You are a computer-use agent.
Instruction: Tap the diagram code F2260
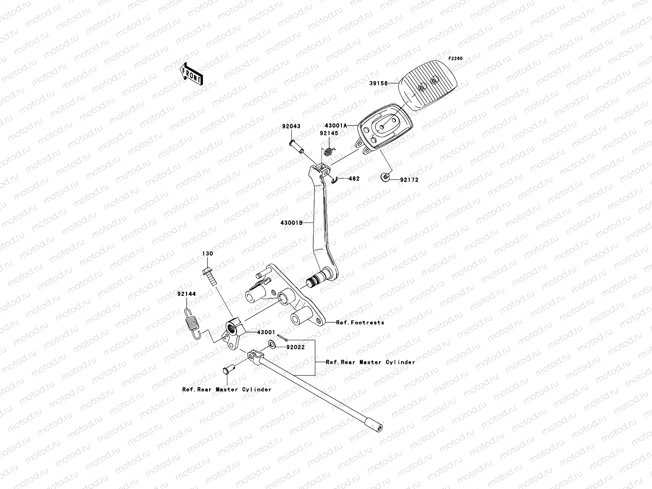click(x=456, y=59)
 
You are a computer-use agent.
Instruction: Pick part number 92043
click(x=291, y=126)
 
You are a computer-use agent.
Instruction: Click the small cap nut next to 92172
click(x=385, y=176)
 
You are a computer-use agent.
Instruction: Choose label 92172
click(x=409, y=179)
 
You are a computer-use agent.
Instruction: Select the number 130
click(x=207, y=253)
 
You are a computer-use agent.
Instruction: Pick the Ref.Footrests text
click(x=360, y=322)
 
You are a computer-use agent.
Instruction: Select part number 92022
click(x=295, y=348)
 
